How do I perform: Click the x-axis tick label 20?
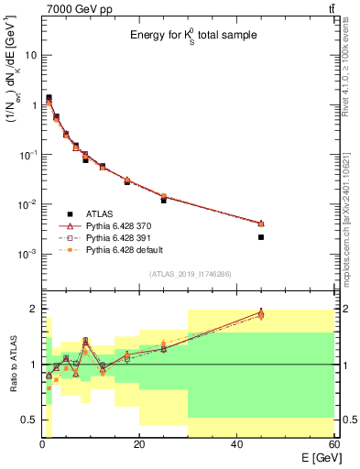[x=139, y=444]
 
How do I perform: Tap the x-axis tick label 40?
[x=236, y=444]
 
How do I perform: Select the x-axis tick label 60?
[x=333, y=444]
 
